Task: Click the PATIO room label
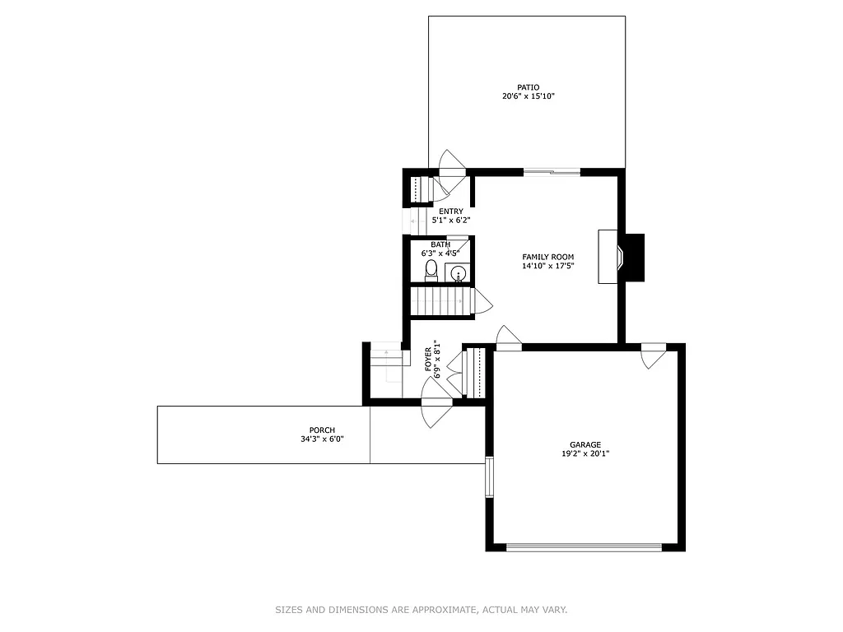tap(528, 86)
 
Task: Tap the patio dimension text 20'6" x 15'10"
tap(528, 96)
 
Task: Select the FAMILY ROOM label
tap(547, 257)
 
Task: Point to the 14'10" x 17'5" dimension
tap(547, 266)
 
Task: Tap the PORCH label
tap(322, 430)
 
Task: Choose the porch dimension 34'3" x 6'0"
tap(322, 439)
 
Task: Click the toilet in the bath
tap(431, 271)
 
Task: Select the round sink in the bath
tap(459, 273)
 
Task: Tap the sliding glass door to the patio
tap(552, 172)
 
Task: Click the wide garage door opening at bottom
tap(584, 546)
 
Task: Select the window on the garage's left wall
tap(489, 476)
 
